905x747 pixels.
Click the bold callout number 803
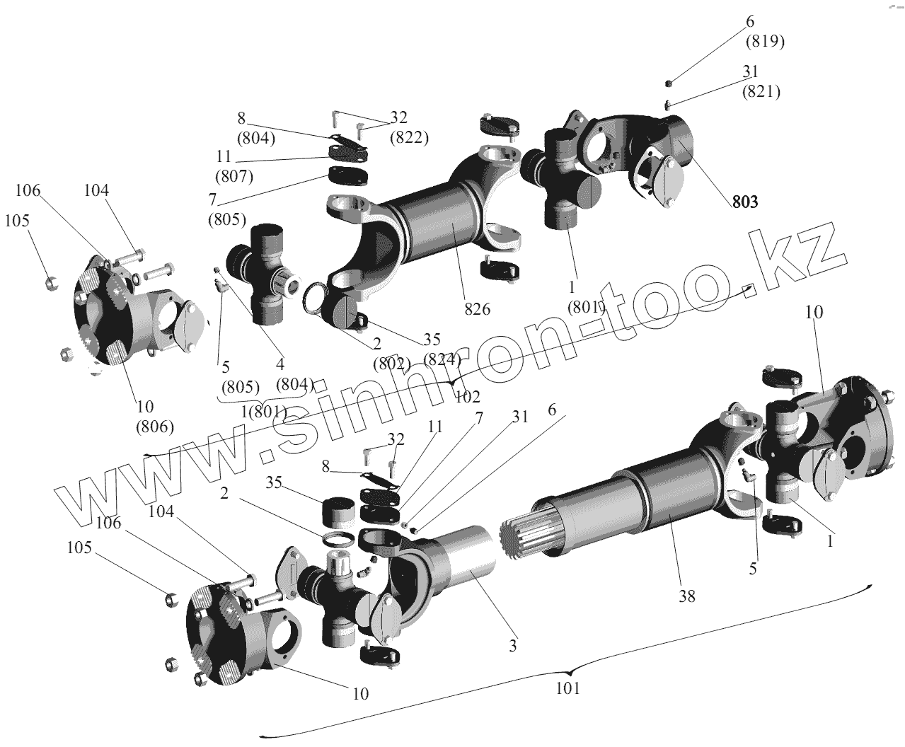744,202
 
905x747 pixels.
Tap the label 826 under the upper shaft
478,309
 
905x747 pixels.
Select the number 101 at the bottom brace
567,687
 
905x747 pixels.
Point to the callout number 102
468,396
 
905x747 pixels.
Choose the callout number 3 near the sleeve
512,645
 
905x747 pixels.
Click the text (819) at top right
765,42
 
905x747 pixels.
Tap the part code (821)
761,91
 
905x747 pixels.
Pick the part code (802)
392,364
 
